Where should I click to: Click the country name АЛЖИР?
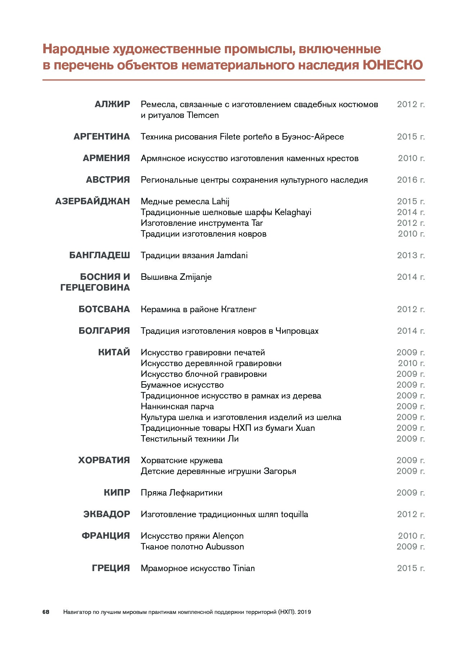112,104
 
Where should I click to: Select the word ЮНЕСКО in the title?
392,65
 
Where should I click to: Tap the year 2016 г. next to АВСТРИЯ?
411,180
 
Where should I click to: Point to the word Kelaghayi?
293,212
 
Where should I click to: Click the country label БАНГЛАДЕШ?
99,255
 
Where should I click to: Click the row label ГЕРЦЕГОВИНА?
95,288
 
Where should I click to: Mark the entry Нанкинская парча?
177,406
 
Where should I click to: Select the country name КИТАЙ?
114,352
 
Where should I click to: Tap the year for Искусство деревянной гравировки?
411,363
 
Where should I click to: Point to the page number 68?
46,612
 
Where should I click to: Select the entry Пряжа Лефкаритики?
181,493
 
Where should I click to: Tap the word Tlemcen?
203,115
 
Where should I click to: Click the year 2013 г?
411,255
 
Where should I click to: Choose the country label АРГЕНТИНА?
101,137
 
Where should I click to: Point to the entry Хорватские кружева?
181,460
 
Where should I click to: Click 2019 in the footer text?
304,612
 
